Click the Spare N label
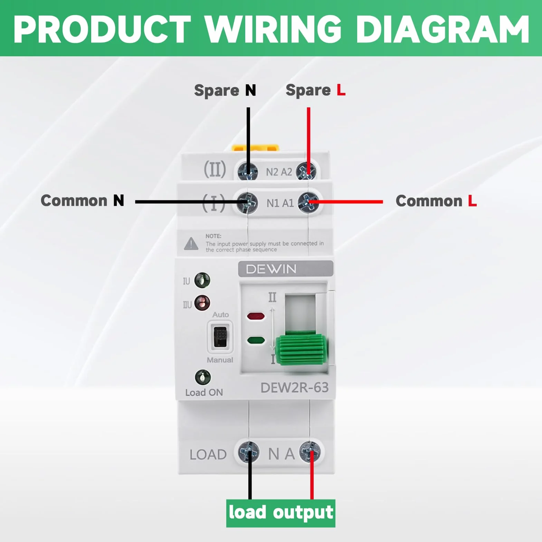[x=225, y=91]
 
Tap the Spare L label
[x=315, y=91]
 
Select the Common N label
[x=82, y=201]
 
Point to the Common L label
[x=436, y=201]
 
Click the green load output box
[x=280, y=513]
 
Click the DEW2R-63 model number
[x=294, y=388]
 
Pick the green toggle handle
[x=302, y=349]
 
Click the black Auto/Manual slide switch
[x=220, y=337]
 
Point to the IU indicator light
[x=202, y=280]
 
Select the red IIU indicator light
[x=202, y=303]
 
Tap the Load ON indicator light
[x=203, y=377]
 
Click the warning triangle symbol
[x=191, y=244]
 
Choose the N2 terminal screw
[x=247, y=171]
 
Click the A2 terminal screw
[x=306, y=171]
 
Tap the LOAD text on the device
[x=208, y=455]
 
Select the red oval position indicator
[x=256, y=316]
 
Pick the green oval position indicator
[x=256, y=341]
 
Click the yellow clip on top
[x=256, y=148]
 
